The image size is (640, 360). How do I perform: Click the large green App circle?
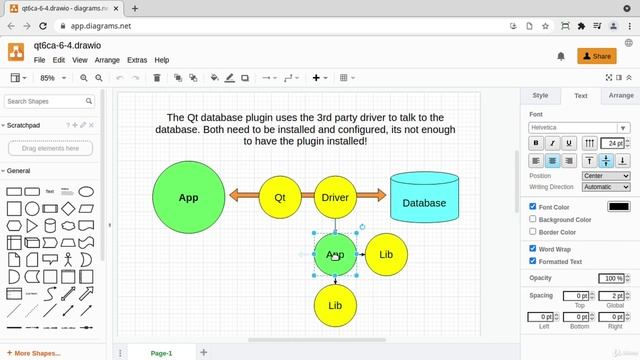188,197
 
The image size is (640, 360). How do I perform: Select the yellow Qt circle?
280,197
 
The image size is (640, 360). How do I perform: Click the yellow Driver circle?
335,197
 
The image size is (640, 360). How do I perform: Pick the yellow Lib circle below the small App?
335,305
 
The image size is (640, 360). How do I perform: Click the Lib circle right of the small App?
386,254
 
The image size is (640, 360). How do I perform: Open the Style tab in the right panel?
540,96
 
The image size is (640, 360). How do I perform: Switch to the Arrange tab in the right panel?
621,96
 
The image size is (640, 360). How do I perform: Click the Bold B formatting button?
536,144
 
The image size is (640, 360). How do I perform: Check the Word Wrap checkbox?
533,249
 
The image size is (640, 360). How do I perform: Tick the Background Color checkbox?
533,219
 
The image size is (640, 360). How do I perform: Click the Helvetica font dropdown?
579,128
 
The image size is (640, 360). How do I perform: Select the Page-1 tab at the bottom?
161,353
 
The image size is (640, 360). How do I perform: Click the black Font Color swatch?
618,207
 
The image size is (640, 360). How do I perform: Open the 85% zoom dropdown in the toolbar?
52,77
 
